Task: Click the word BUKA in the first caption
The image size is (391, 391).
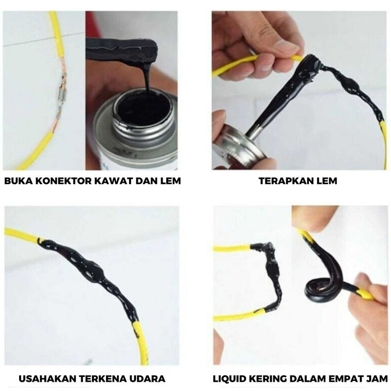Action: point(19,180)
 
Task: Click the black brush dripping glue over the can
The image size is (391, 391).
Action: point(122,51)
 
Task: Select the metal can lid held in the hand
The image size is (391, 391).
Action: point(239,147)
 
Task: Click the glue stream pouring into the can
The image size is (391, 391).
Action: point(148,77)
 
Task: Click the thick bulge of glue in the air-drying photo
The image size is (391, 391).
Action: point(90,269)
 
